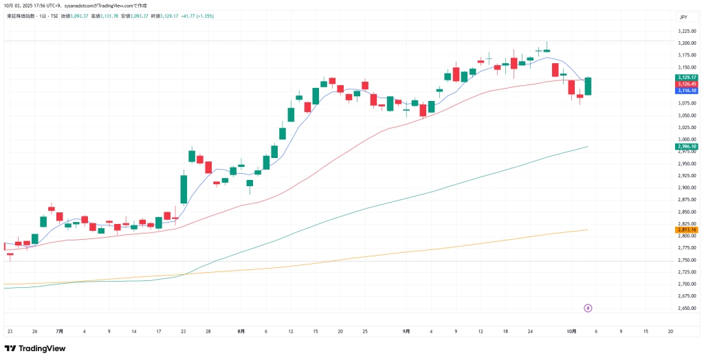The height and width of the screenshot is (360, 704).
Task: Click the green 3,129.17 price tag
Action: [x=687, y=78]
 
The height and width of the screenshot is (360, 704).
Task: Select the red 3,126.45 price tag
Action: [x=687, y=84]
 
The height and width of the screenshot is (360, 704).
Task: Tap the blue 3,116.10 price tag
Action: [x=687, y=90]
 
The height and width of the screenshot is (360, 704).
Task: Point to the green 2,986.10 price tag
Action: [x=687, y=146]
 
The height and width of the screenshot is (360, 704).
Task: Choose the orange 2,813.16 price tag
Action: [x=687, y=229]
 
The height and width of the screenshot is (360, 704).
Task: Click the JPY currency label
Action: [x=683, y=16]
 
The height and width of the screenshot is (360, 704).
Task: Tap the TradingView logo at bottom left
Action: [x=35, y=348]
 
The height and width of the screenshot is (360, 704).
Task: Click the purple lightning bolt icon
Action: [x=588, y=308]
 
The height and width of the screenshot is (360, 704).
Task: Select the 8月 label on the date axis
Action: [x=241, y=331]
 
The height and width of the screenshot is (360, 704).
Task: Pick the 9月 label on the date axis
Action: [x=406, y=331]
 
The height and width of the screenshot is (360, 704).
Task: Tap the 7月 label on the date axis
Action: [x=60, y=331]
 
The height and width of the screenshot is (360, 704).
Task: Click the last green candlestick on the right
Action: [x=588, y=86]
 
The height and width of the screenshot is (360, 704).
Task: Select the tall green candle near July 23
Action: [x=184, y=188]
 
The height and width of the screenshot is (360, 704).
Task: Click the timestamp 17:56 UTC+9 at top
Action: [x=37, y=5]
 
